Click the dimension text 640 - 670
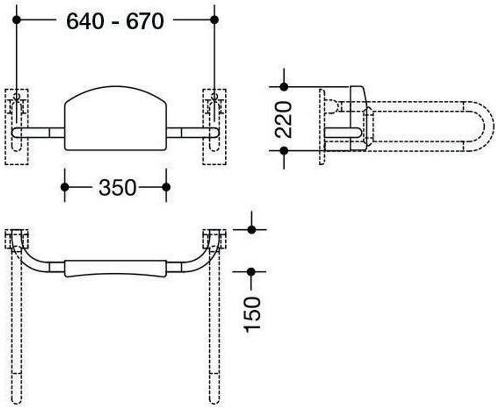115,21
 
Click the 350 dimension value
117,188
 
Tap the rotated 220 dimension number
283,119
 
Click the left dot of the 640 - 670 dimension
16,20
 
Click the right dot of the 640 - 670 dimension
215,20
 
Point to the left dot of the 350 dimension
65,187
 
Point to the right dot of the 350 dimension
167,187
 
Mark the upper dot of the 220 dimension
284,87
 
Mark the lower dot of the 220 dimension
284,151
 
